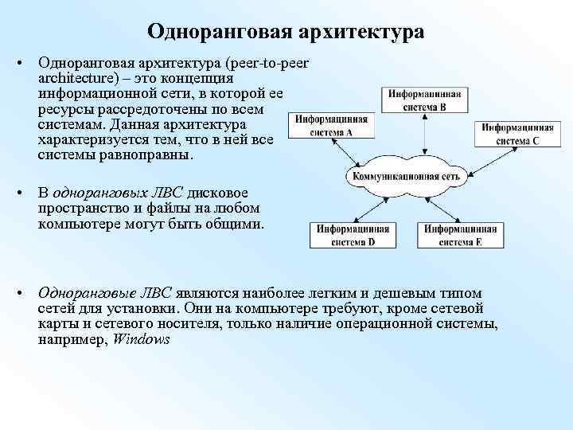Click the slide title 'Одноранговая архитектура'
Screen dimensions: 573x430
click(x=286, y=32)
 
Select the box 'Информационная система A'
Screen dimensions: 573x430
click(x=323, y=126)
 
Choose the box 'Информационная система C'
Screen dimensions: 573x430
click(x=517, y=134)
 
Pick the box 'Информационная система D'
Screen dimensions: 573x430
click(x=352, y=234)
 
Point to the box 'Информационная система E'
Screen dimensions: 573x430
click(x=461, y=234)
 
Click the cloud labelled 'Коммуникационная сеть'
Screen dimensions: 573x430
click(x=404, y=175)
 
